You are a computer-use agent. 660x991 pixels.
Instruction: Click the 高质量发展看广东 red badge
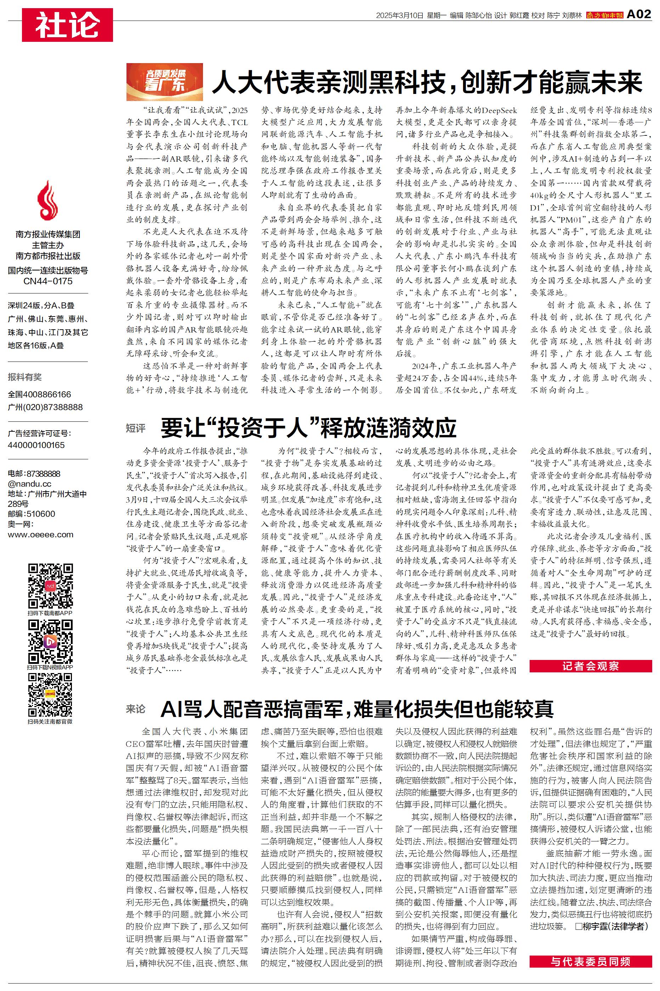165,82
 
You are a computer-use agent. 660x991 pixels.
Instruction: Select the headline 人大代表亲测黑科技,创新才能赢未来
427,82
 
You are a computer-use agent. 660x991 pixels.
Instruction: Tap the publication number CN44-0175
47,281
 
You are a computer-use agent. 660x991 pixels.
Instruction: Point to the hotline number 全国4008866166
40,394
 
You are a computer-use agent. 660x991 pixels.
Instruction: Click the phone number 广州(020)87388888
45,407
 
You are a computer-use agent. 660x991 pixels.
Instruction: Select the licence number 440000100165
36,445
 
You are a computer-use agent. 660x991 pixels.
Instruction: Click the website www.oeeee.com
40,534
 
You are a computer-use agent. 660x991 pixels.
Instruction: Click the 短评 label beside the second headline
136,428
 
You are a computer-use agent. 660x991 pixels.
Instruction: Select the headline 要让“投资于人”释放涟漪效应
309,428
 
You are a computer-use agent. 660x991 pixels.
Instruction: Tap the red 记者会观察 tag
591,666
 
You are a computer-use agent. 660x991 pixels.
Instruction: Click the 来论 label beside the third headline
136,709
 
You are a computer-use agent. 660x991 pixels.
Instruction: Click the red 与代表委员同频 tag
591,961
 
